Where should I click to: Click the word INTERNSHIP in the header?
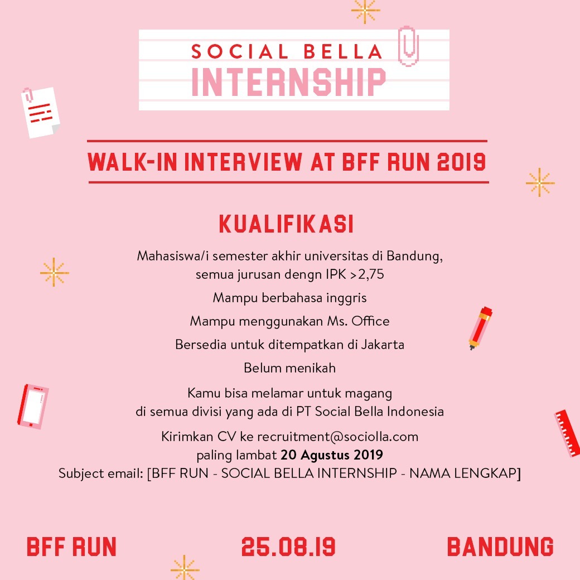pyautogui.click(x=288, y=83)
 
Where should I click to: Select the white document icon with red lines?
pyautogui.click(x=40, y=112)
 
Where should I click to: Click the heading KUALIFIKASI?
pyautogui.click(x=287, y=225)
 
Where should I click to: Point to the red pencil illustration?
pyautogui.click(x=480, y=327)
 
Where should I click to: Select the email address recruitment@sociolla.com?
pyautogui.click(x=337, y=436)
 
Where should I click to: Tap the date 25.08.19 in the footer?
pyautogui.click(x=288, y=547)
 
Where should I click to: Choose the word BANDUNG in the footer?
pyautogui.click(x=500, y=547)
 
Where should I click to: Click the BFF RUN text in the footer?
pyautogui.click(x=72, y=547)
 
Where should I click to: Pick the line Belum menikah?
pyautogui.click(x=289, y=368)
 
